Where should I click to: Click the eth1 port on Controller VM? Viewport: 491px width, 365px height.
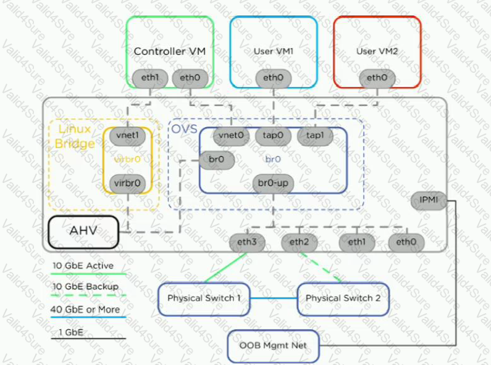(150, 78)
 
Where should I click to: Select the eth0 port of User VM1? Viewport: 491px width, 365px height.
(274, 78)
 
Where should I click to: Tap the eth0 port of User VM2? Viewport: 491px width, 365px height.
(377, 78)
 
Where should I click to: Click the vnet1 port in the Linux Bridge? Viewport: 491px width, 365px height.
(127, 136)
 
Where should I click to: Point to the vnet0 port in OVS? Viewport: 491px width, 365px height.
(231, 136)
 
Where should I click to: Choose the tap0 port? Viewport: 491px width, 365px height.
(273, 136)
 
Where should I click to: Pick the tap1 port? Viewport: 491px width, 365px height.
(315, 136)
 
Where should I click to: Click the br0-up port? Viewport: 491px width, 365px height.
(273, 184)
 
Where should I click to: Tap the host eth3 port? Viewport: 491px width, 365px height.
(247, 242)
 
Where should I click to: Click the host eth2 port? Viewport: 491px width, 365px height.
(300, 242)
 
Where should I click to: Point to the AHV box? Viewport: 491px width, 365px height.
(83, 232)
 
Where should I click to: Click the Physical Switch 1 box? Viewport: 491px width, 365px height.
(204, 299)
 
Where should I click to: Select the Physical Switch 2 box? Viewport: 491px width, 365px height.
(343, 299)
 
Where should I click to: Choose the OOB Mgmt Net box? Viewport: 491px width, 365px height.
(273, 346)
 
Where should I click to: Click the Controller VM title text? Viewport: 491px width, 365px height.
(170, 52)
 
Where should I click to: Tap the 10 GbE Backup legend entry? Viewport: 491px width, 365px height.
(88, 290)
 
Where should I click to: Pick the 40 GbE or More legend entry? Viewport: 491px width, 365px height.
(88, 313)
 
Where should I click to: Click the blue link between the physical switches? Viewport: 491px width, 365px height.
(274, 298)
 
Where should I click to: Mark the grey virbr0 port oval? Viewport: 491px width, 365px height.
(127, 184)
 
